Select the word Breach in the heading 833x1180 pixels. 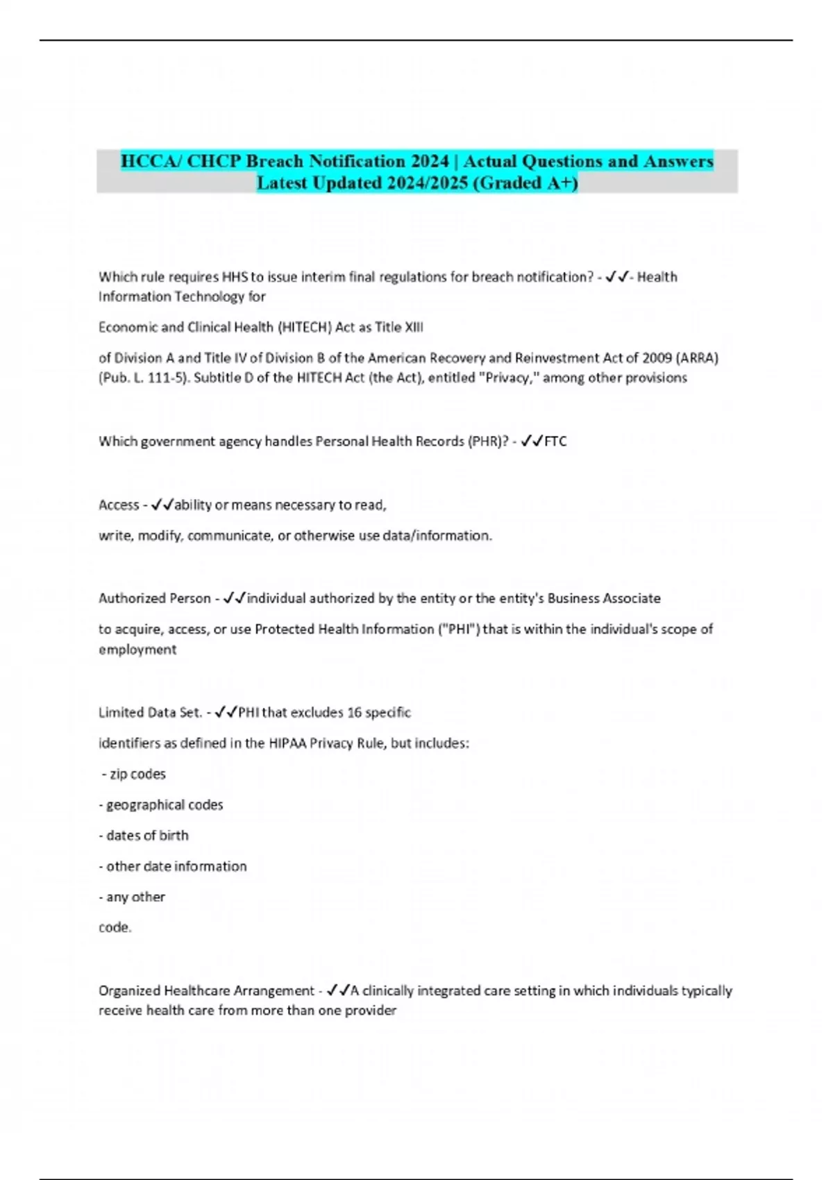tap(275, 161)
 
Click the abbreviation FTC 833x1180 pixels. tap(555, 441)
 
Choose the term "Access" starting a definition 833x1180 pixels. tap(119, 505)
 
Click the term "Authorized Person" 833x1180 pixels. tap(154, 598)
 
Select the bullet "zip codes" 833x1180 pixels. tap(137, 774)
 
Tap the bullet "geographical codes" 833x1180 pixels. tap(165, 805)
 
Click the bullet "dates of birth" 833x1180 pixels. tap(147, 836)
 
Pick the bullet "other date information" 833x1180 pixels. tap(176, 866)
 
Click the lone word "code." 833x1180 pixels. tap(115, 927)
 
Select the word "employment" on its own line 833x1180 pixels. tap(137, 650)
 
